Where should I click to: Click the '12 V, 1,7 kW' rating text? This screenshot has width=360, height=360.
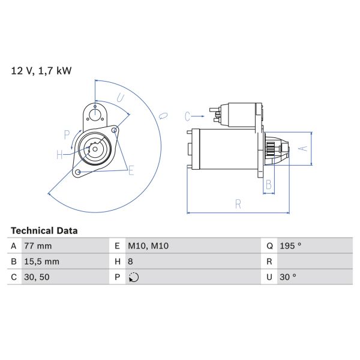(x=41, y=71)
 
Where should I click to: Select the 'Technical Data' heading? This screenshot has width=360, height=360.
(x=44, y=230)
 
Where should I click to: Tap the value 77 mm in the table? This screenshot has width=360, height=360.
(x=38, y=246)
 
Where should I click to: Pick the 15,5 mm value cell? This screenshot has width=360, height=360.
(x=41, y=262)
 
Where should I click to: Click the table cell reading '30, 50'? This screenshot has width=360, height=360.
(x=36, y=277)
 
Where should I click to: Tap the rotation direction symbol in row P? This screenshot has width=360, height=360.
(x=133, y=277)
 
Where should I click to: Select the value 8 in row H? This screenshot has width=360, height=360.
(x=131, y=262)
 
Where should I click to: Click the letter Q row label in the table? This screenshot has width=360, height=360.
(x=269, y=246)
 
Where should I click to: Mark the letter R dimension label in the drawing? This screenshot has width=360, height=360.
(x=238, y=204)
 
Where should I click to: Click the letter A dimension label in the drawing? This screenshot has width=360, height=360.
(x=303, y=147)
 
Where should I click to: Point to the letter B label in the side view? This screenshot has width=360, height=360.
(x=269, y=185)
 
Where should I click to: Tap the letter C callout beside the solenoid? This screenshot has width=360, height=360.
(x=187, y=115)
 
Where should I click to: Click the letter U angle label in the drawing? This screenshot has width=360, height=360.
(x=120, y=98)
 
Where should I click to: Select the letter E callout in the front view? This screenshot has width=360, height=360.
(x=131, y=171)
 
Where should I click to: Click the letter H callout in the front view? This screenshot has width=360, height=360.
(x=60, y=155)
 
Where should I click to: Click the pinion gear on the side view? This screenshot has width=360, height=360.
(x=269, y=148)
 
